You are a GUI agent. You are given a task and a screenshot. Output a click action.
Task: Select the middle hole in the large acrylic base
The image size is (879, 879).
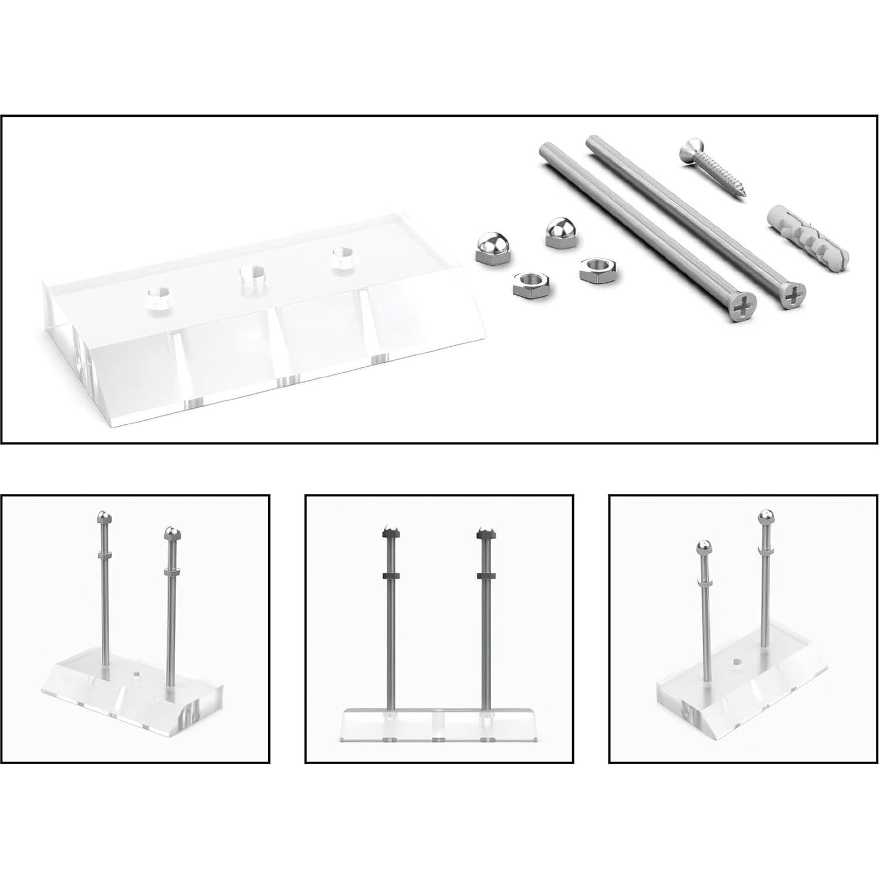tap(252, 275)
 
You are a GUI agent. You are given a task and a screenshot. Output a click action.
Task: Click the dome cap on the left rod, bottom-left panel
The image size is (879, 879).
tap(103, 518)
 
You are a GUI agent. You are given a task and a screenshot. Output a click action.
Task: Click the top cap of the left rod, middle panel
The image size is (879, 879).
tap(390, 532)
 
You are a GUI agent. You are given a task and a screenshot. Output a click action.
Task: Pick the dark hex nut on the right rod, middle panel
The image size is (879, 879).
tap(484, 575)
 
